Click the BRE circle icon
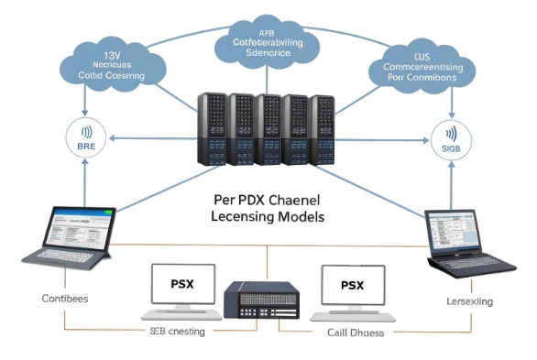(85, 139)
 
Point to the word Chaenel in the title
(290, 199)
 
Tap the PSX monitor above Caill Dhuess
(353, 291)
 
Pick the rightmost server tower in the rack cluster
(323, 128)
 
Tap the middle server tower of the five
(269, 128)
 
